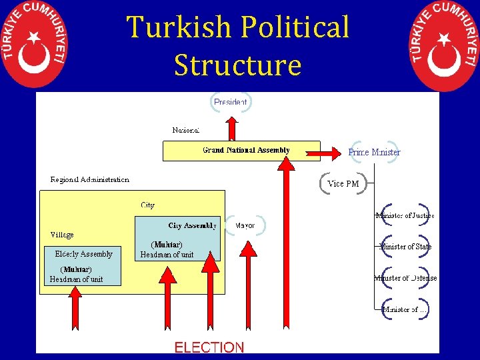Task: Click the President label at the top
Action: point(231,102)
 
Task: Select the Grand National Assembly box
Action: point(241,151)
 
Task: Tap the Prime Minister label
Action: point(374,152)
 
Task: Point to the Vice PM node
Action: point(343,183)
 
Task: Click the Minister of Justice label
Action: point(405,215)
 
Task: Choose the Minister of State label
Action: point(405,247)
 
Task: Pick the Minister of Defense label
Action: point(405,278)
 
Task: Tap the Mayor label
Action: point(245,225)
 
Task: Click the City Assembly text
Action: point(192,225)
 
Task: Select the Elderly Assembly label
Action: point(83,253)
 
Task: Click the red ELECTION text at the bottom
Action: point(209,347)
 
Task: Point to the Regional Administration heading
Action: point(90,180)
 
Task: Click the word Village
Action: point(62,235)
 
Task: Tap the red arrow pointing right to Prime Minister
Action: point(325,154)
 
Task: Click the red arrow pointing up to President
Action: point(231,128)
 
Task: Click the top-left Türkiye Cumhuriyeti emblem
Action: point(35,43)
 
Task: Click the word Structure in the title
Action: point(237,65)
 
